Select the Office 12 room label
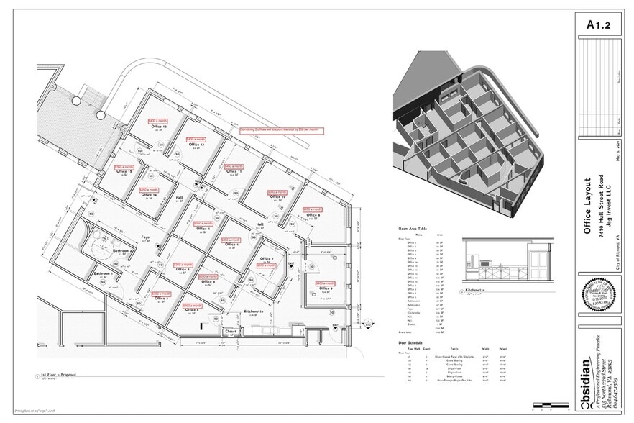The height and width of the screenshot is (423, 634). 196,145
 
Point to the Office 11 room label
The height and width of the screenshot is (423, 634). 234,173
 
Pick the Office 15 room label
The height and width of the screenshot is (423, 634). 124,173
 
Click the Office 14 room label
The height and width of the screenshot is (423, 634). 149,195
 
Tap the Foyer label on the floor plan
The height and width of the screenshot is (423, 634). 145,235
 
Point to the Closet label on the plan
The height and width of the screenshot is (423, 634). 231,332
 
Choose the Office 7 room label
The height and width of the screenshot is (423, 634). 266,259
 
